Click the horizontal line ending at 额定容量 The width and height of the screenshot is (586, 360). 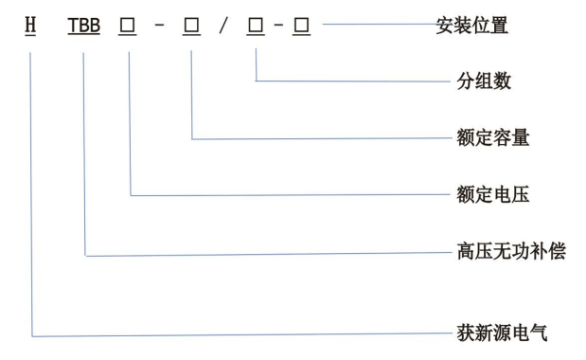pos(322,139)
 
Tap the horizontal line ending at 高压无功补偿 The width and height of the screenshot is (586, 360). pos(265,255)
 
